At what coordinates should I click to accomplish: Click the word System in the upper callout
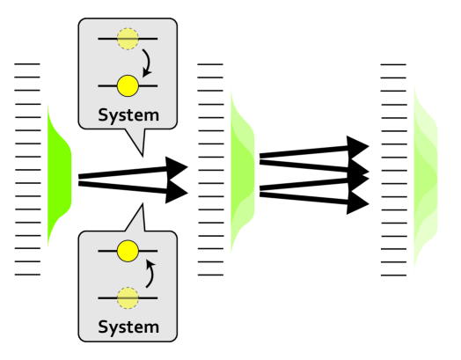click(x=128, y=114)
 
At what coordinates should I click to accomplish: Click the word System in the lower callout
click(x=128, y=327)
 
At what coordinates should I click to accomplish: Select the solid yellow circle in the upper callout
click(x=128, y=85)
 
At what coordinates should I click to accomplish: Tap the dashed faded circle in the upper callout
click(x=128, y=39)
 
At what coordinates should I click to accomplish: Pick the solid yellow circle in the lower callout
click(x=128, y=251)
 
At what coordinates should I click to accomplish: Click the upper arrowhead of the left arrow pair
click(x=178, y=166)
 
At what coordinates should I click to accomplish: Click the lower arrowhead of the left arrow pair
click(x=178, y=191)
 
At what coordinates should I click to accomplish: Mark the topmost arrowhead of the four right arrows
click(x=357, y=146)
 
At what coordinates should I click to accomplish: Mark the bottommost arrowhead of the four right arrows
click(x=357, y=204)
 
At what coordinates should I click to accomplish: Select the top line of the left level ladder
click(x=27, y=64)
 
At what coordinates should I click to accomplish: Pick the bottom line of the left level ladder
click(x=27, y=275)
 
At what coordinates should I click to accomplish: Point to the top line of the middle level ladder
click(x=211, y=64)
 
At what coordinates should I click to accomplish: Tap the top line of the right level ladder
click(x=393, y=65)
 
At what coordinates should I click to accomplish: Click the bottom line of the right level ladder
click(x=393, y=276)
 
